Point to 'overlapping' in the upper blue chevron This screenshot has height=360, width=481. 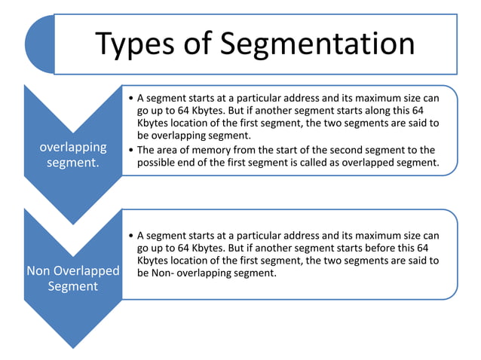point(73,147)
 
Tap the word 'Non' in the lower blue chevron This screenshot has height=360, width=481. point(40,270)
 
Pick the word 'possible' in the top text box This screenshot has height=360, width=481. point(158,163)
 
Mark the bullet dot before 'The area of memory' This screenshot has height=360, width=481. point(132,151)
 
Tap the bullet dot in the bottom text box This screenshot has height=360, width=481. point(132,236)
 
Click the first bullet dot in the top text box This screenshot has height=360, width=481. point(132,99)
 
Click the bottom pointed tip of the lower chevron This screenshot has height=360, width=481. point(73,348)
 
